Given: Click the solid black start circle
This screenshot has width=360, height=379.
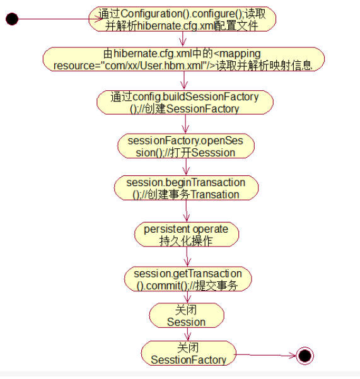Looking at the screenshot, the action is tap(12, 19).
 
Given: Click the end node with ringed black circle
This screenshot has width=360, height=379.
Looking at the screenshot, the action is tap(305, 356).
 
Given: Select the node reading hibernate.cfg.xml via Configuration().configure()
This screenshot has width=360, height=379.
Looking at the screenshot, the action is tap(182, 19).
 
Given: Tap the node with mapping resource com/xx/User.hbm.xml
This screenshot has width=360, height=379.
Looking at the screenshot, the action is tap(183, 59).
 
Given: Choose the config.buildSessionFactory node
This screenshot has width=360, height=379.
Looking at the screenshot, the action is tap(185, 102).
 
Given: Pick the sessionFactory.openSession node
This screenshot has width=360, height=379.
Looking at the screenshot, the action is tap(186, 146).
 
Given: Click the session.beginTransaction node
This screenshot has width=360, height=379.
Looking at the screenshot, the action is tap(186, 188).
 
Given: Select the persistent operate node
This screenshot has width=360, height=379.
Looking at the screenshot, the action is tap(187, 235).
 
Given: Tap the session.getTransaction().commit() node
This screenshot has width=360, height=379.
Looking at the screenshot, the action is tap(188, 279).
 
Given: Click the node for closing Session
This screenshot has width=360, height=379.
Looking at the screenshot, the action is tap(187, 315).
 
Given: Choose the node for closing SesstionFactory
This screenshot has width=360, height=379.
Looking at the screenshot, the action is tap(189, 353).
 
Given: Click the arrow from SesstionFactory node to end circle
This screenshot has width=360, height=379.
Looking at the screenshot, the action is tap(266, 355).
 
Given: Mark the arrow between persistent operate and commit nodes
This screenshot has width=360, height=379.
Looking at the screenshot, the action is tap(187, 257).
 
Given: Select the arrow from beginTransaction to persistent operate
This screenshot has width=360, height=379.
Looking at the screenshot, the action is tap(186, 211).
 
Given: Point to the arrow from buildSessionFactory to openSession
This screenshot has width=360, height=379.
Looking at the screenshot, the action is tap(185, 124).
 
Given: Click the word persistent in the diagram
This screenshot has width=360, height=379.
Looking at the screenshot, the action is tap(167, 230).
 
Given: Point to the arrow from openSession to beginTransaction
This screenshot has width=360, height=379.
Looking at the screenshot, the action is tap(186, 167).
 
